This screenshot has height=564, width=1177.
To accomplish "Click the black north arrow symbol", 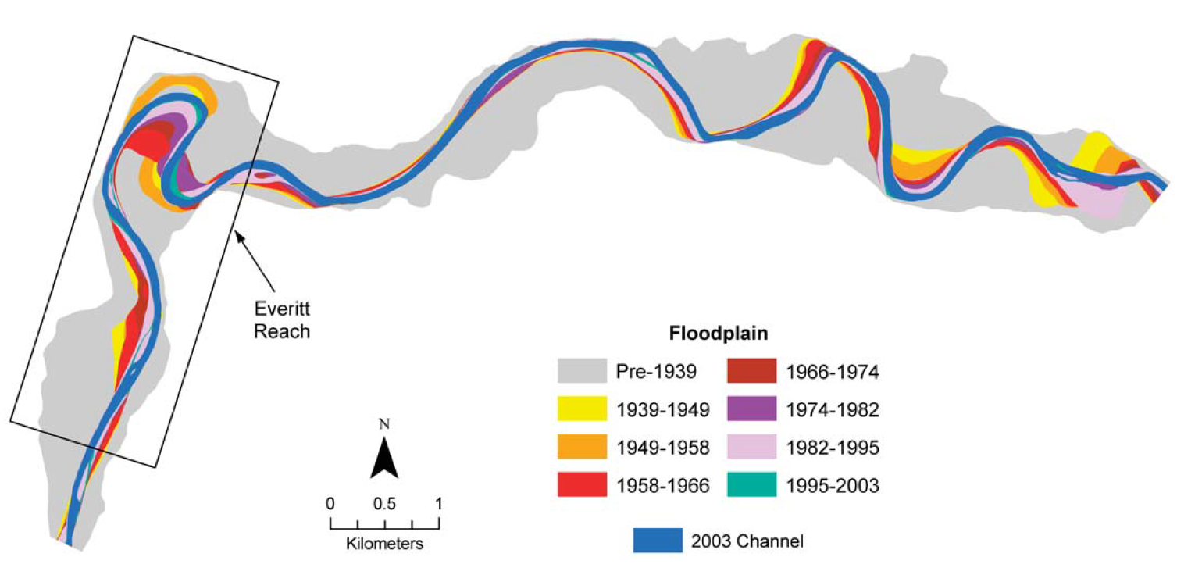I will tap(384, 459).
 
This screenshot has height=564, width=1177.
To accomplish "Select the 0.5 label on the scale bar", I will tap(383, 504).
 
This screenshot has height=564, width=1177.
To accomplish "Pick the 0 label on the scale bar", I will tap(330, 504).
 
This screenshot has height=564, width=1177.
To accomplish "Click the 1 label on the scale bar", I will tap(438, 504).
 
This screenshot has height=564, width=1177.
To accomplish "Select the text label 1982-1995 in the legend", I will tap(833, 448).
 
